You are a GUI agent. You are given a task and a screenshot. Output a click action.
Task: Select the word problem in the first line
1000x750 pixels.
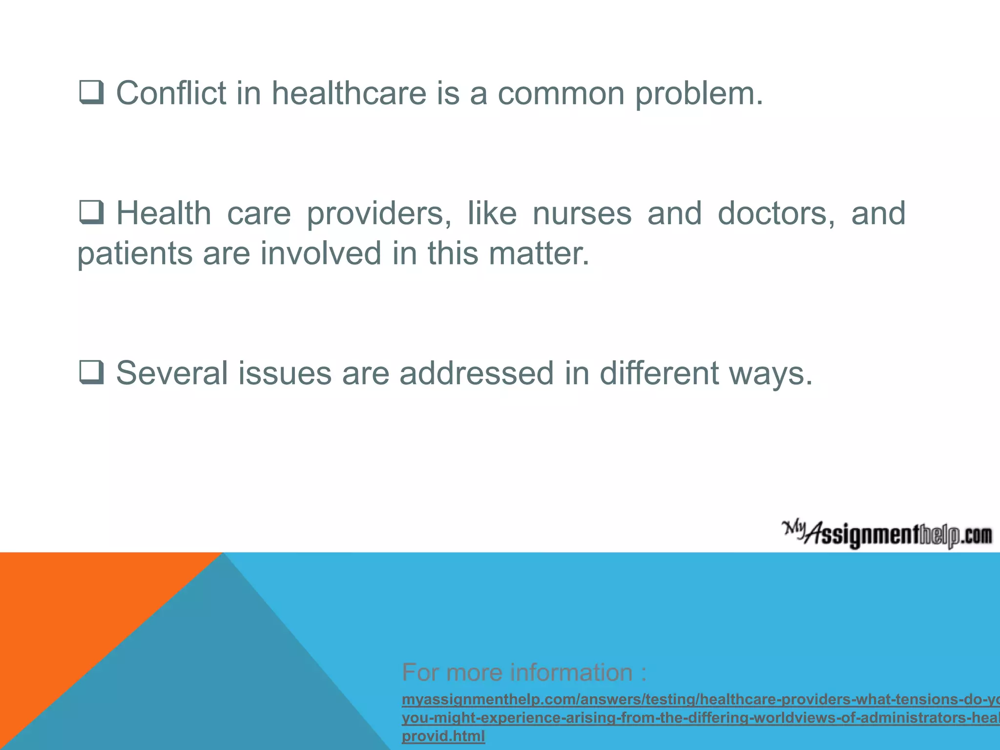tap(698, 94)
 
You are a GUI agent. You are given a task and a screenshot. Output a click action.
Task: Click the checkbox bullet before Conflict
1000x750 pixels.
tap(91, 92)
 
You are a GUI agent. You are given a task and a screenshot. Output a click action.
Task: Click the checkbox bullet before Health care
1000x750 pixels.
tap(91, 212)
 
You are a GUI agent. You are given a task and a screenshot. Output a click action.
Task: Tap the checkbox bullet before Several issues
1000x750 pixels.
tap(91, 373)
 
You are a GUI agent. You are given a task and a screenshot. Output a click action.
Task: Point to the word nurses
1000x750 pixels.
tap(582, 213)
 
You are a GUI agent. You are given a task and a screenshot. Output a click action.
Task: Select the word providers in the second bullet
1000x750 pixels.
tap(379, 214)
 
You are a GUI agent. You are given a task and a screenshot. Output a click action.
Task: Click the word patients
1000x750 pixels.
tap(135, 254)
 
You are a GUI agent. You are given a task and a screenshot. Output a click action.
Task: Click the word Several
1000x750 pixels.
tap(172, 373)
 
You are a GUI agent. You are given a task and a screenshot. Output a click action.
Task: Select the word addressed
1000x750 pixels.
tap(477, 373)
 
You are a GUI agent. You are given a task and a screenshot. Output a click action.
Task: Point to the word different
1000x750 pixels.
tap(659, 373)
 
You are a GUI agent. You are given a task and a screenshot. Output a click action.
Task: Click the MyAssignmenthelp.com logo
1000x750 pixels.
tap(887, 535)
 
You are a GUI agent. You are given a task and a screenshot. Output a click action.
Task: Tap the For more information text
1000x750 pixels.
tap(524, 672)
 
